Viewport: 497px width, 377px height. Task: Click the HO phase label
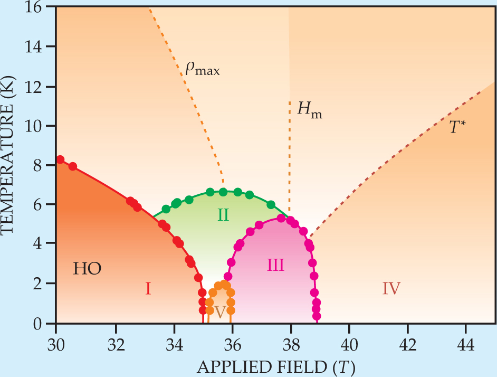pyautogui.click(x=87, y=269)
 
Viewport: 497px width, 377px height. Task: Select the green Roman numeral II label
pyautogui.click(x=223, y=214)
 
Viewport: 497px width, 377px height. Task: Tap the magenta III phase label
pyautogui.click(x=275, y=265)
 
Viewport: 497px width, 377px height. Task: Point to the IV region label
pyautogui.click(x=391, y=288)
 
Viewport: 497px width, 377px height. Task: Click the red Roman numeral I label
pyautogui.click(x=148, y=288)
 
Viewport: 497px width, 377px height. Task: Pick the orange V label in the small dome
pyautogui.click(x=220, y=312)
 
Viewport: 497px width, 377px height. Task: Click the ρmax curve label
pyautogui.click(x=202, y=69)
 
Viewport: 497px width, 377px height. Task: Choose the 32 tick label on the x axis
pyautogui.click(x=114, y=338)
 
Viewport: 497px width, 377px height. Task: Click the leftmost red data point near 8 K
pyautogui.click(x=60, y=159)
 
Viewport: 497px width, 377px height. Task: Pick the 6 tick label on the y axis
pyautogui.click(x=40, y=204)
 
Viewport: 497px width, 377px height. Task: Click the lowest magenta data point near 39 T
pyautogui.click(x=317, y=316)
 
